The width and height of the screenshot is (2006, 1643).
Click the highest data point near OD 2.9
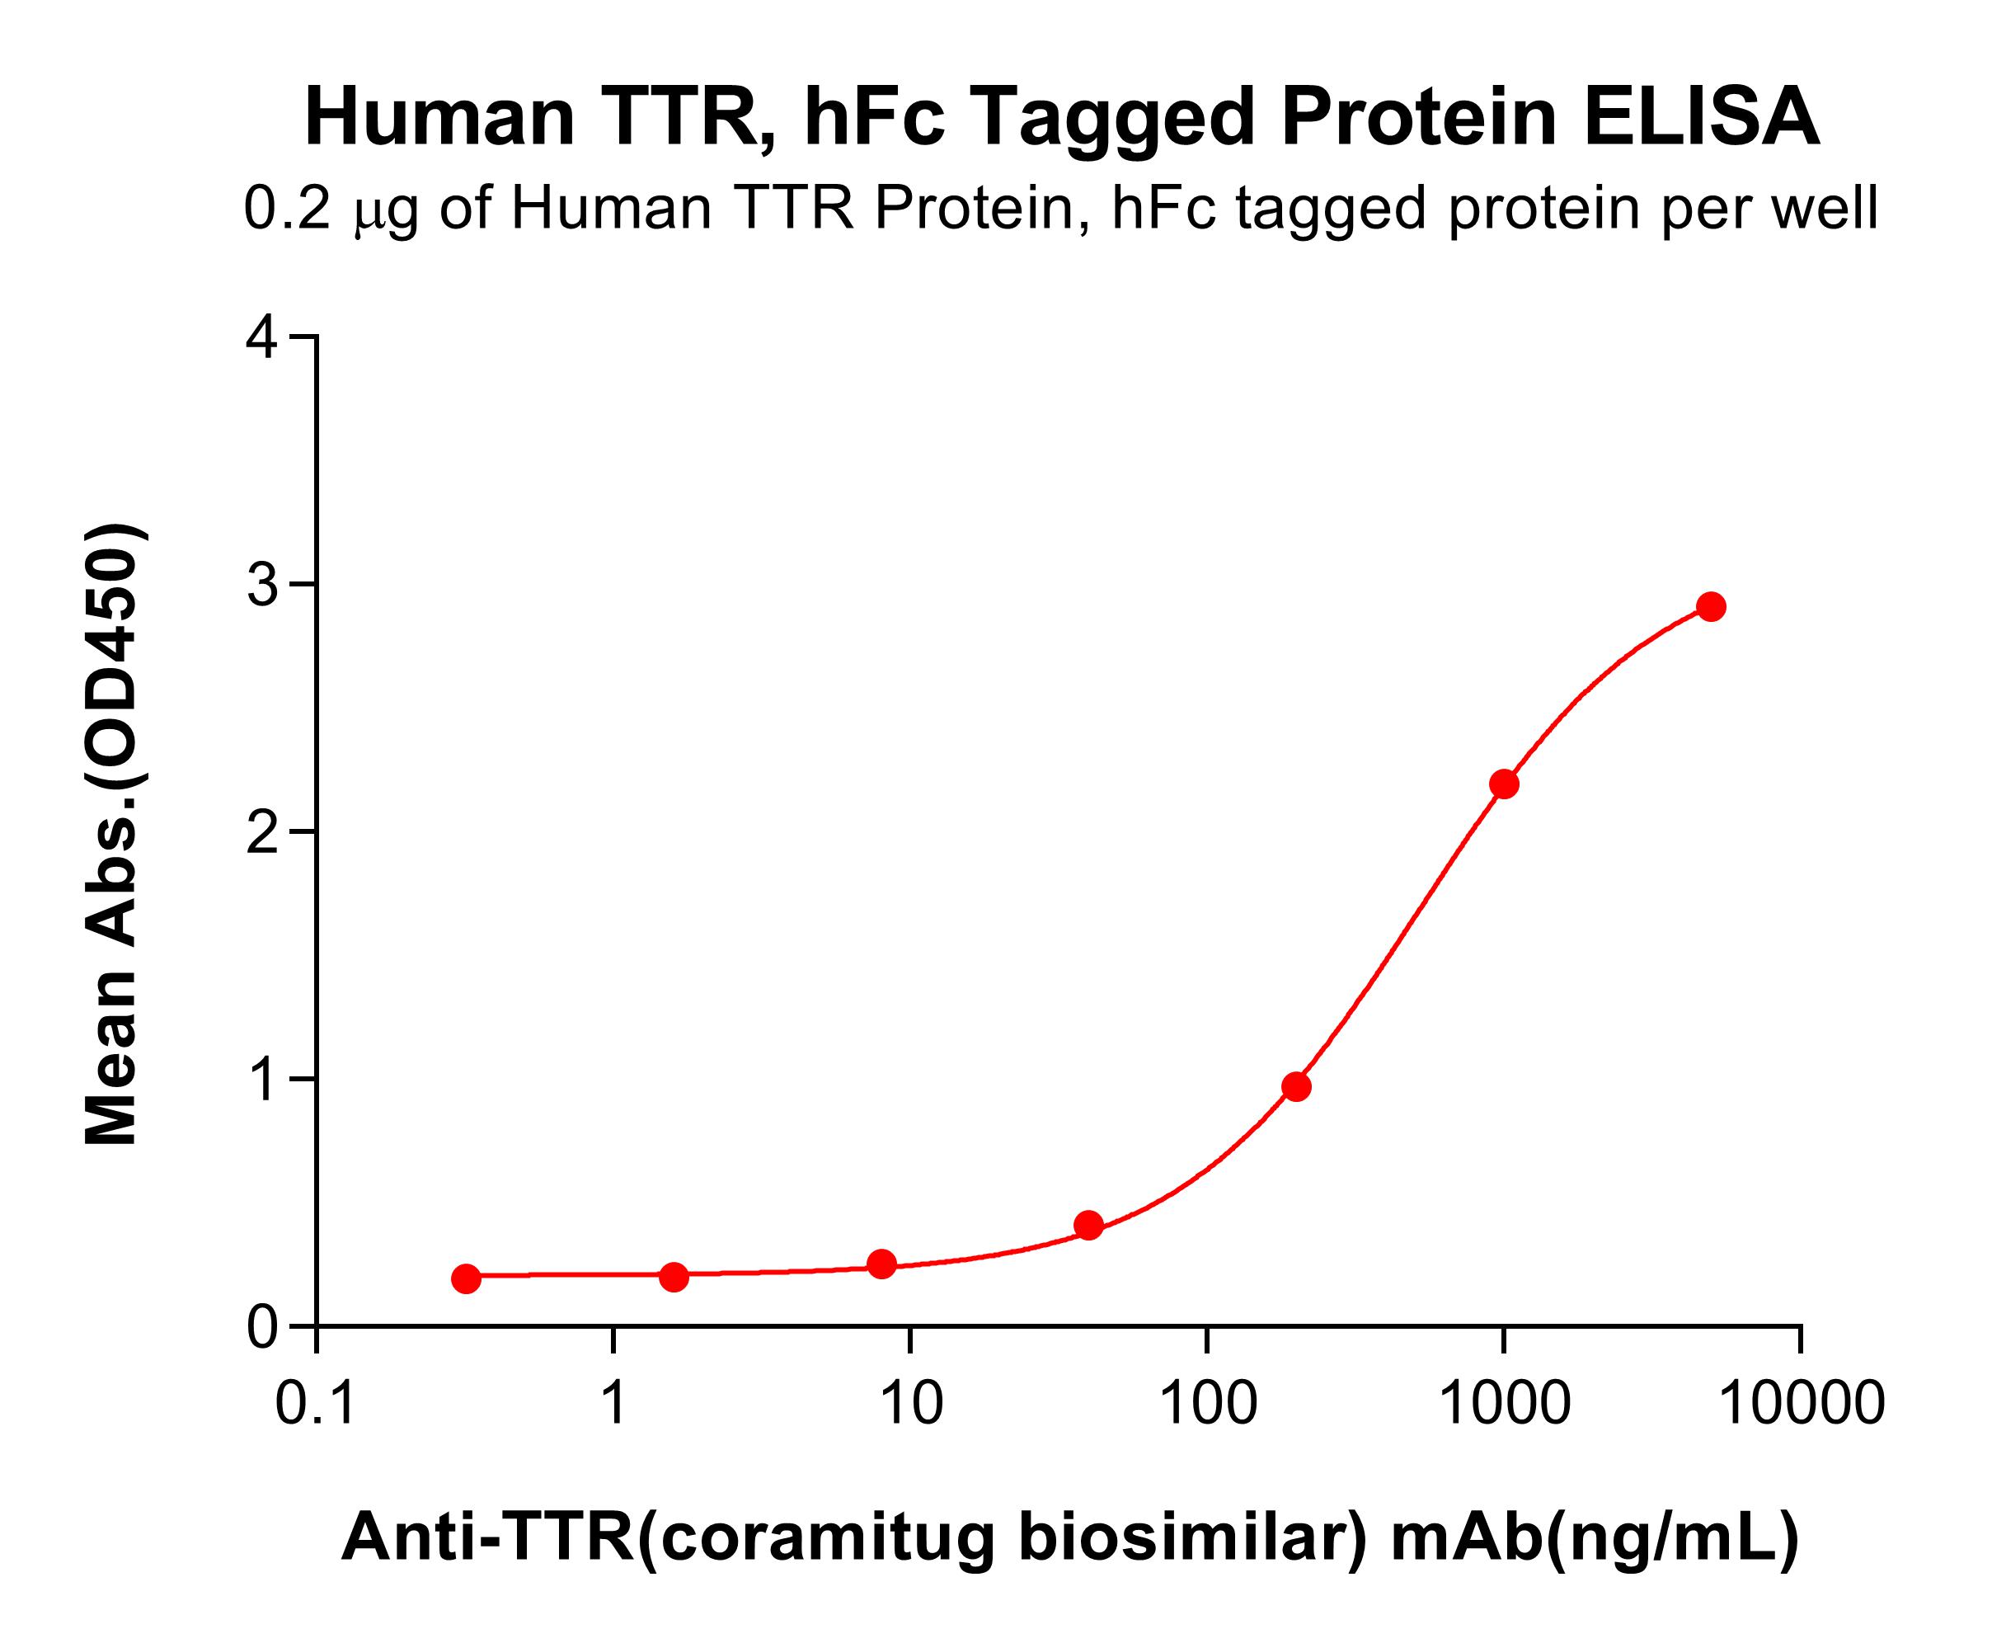coord(1711,607)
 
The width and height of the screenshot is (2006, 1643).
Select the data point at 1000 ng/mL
coord(1504,784)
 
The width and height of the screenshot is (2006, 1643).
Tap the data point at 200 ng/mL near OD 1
coord(1296,1086)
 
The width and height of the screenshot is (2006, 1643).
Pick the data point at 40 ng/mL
coord(1089,1226)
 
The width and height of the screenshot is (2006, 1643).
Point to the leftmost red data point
coord(466,1278)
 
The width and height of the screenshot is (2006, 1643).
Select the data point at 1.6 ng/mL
coord(674,1277)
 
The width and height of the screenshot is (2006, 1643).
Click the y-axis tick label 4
coord(262,339)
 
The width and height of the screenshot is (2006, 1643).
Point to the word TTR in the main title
coord(678,118)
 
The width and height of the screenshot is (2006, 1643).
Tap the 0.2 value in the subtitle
coord(287,210)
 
